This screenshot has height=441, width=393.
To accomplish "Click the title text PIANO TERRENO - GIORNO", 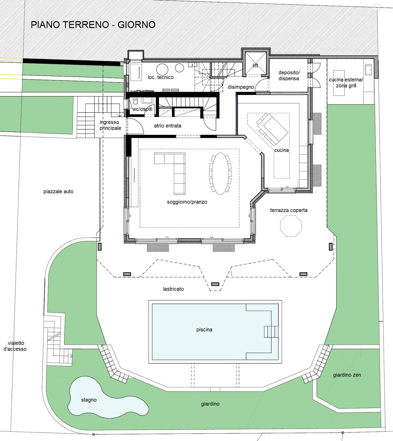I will pyautogui.click(x=93, y=25).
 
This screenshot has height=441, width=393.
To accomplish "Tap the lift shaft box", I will pyautogui.click(x=255, y=63).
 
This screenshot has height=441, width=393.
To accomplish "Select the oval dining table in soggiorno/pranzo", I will pyautogui.click(x=220, y=174).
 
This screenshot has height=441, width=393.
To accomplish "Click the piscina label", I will pyautogui.click(x=204, y=330).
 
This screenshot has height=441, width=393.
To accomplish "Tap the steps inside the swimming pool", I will pyautogui.click(x=271, y=332).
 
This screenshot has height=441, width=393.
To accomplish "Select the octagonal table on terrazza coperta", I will pyautogui.click(x=291, y=226).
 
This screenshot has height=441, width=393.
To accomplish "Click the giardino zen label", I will pyautogui.click(x=347, y=375).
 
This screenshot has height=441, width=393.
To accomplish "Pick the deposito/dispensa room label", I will pyautogui.click(x=289, y=76).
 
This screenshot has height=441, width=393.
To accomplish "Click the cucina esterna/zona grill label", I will pyautogui.click(x=346, y=82).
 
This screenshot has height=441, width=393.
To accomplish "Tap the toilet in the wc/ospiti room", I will pyautogui.click(x=135, y=102).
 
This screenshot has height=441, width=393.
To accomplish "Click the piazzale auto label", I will pyautogui.click(x=58, y=192).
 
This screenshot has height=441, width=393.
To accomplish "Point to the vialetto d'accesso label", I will pyautogui.click(x=15, y=346).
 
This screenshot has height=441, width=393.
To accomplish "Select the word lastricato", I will pyautogui.click(x=173, y=289).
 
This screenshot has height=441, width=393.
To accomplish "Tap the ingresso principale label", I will pyautogui.click(x=110, y=125).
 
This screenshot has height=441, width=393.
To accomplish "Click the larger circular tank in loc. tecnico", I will pyautogui.click(x=162, y=69).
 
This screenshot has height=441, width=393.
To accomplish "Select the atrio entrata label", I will pyautogui.click(x=167, y=126).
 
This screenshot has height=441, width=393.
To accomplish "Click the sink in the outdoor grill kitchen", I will pyautogui.click(x=368, y=70).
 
